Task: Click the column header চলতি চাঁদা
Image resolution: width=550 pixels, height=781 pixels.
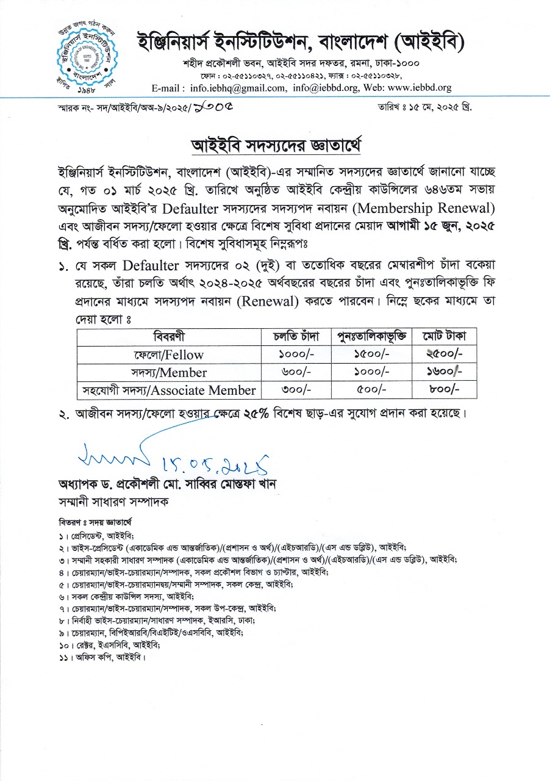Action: coord(297,337)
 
